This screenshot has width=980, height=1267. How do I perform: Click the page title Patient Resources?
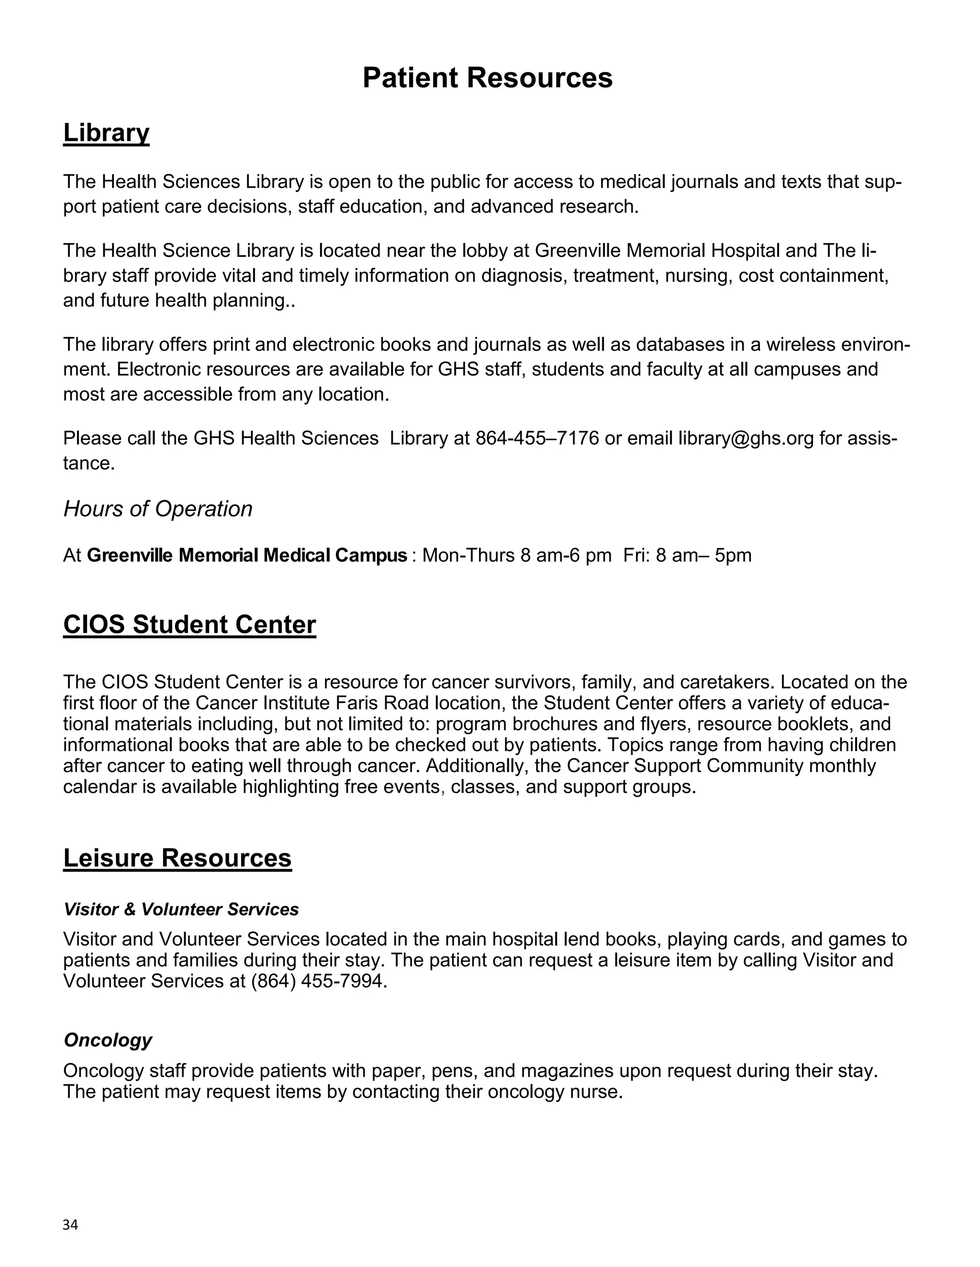[487, 78]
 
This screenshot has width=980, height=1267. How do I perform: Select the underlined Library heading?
[106, 133]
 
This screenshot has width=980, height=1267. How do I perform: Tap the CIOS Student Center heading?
[189, 625]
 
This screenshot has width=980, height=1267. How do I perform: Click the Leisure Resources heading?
[177, 858]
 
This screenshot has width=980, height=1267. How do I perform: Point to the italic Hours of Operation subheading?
[158, 509]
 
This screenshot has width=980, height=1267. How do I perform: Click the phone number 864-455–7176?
[537, 438]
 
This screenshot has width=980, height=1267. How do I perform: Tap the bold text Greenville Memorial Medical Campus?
[247, 555]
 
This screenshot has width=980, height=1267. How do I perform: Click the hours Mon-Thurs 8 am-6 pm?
[517, 555]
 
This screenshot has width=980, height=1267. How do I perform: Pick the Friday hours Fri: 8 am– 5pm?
[687, 555]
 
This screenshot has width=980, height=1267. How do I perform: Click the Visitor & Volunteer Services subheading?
[181, 909]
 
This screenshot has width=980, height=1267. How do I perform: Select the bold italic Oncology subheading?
[108, 1040]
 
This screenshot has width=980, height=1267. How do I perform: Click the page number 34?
[70, 1224]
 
